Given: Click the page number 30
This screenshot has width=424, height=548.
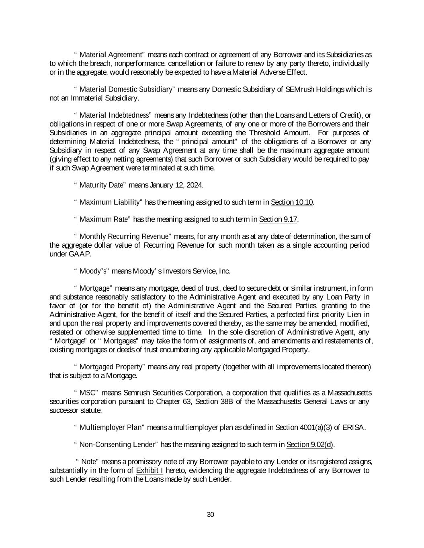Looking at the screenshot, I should tap(210, 515).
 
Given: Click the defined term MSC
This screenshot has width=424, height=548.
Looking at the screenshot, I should tap(87, 393).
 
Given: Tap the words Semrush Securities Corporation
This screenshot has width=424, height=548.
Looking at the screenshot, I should tap(169, 393).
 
